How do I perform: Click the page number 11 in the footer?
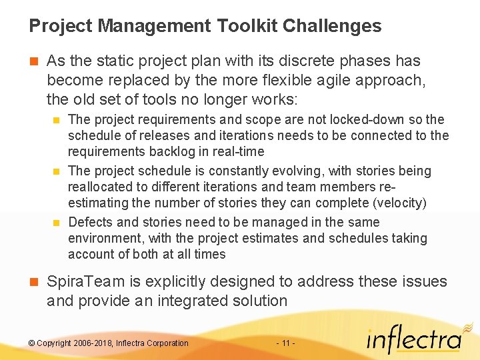285,343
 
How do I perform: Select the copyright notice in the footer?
109,343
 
